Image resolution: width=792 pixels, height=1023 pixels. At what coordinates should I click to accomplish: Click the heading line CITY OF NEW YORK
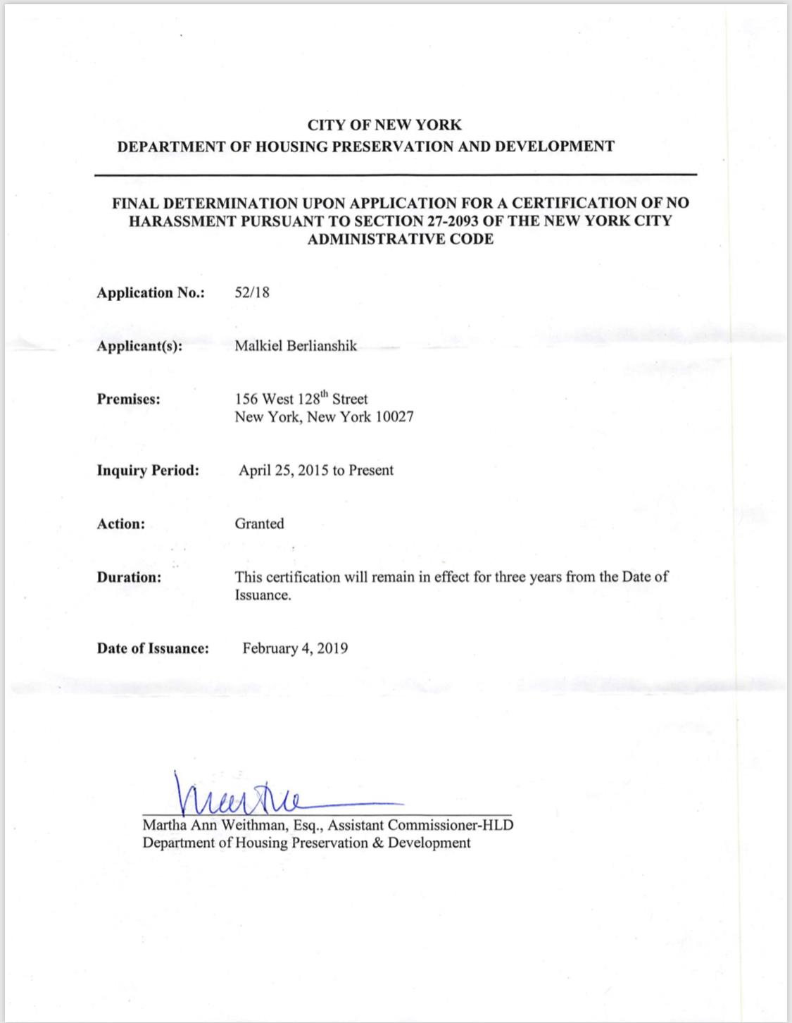click(384, 125)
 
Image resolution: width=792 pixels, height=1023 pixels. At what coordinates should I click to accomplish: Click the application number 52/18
click(252, 292)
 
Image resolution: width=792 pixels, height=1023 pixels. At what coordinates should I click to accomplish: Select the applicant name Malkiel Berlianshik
click(296, 346)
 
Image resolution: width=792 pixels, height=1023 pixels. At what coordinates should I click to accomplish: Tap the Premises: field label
click(129, 399)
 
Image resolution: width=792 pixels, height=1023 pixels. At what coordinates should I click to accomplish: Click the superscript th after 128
click(325, 395)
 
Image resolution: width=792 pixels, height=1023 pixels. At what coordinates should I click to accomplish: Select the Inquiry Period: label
click(148, 471)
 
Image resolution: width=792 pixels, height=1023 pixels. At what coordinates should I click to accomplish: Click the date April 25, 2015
click(283, 471)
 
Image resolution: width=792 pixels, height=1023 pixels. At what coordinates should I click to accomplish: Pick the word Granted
click(259, 523)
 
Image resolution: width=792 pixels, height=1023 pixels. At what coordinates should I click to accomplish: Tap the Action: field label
click(121, 524)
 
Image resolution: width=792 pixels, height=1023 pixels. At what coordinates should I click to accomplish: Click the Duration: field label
click(129, 578)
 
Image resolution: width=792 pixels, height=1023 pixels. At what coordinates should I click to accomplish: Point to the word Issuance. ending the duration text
click(263, 595)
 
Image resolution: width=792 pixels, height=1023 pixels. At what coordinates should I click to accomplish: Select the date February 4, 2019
click(295, 648)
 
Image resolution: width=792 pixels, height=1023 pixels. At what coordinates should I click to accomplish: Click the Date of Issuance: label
click(153, 649)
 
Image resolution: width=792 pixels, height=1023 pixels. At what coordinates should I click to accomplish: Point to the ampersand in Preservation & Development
click(377, 843)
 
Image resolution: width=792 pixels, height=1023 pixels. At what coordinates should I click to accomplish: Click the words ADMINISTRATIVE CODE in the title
click(400, 239)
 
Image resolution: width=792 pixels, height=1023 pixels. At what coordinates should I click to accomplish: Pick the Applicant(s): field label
click(139, 347)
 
